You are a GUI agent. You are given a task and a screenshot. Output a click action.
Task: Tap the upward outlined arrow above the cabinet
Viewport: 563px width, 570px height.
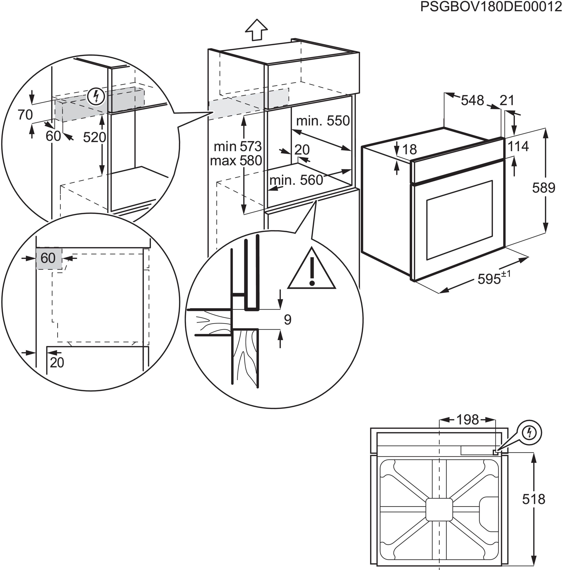point(256,30)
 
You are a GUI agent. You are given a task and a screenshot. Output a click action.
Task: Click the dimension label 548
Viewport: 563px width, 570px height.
point(472,100)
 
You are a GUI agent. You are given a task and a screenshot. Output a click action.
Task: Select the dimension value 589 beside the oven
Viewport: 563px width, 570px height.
point(544,188)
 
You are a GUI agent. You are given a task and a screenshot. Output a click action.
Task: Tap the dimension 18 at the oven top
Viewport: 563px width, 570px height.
point(409,150)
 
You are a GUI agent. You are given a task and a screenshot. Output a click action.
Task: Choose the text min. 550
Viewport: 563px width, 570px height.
point(322,121)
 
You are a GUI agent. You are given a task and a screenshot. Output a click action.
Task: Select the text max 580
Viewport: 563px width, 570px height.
point(236,161)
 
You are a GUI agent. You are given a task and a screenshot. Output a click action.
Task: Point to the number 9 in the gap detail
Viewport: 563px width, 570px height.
point(287,320)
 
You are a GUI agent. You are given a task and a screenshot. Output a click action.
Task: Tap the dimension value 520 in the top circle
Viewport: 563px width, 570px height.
point(94,137)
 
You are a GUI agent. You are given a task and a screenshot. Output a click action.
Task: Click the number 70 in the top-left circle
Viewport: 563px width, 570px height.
point(25,115)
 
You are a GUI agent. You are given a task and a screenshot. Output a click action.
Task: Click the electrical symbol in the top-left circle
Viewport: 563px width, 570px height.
point(96,96)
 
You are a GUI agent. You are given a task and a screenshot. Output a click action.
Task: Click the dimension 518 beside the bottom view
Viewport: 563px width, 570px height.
point(534,499)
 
